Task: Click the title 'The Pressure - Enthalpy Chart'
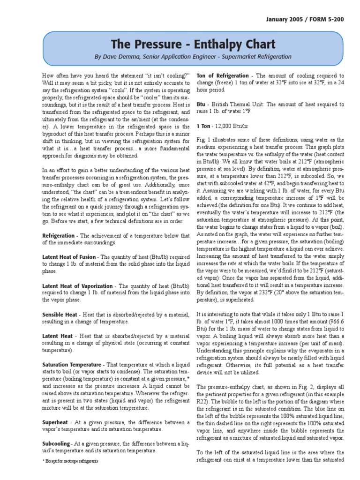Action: tap(193, 45)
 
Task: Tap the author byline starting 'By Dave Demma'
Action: tap(193, 57)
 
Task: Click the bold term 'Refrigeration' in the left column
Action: tap(59, 236)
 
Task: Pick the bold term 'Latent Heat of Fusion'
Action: tap(69, 257)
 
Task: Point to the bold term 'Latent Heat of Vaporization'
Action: tap(77, 286)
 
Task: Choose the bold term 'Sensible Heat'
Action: tap(60, 315)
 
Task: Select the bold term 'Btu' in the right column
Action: tap(201, 105)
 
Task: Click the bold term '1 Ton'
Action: tap(203, 126)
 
